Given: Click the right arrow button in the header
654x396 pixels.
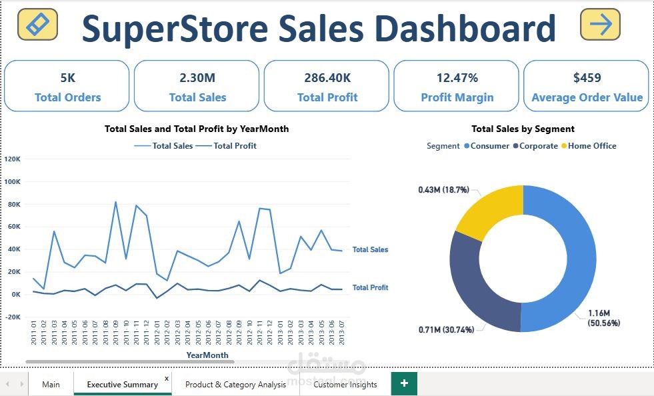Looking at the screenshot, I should (x=600, y=25).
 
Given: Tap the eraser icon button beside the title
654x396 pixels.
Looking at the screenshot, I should (x=37, y=24).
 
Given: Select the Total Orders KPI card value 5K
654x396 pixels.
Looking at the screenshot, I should (x=67, y=78).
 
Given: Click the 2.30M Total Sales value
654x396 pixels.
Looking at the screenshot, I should (x=197, y=78).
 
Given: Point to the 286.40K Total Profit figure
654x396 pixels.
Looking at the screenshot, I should (x=327, y=78).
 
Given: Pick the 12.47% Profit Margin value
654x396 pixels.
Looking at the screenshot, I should (x=457, y=78).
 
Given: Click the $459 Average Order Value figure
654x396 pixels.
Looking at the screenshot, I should (x=587, y=78).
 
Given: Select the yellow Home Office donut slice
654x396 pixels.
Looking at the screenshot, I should (x=489, y=211).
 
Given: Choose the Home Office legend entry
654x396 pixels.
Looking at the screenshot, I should (x=589, y=146).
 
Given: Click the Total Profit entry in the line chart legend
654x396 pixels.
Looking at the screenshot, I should (x=230, y=146).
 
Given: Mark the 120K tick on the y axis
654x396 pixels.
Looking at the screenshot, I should (x=13, y=159).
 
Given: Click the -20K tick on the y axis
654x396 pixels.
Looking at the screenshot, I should (x=13, y=317).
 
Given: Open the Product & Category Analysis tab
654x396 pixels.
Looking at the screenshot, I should (x=235, y=385).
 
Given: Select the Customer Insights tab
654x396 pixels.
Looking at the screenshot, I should (x=345, y=385).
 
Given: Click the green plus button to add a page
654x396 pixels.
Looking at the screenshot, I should (x=404, y=383).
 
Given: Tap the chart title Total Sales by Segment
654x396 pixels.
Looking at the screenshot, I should (x=523, y=129).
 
